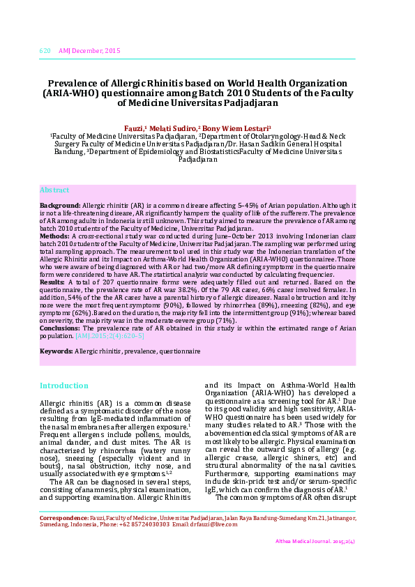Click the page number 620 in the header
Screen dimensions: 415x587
(x=45, y=51)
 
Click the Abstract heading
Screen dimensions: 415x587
(x=54, y=190)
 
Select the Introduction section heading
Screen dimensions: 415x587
(x=64, y=386)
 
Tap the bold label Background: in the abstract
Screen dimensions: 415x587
(x=60, y=206)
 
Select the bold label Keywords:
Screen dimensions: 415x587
(x=56, y=351)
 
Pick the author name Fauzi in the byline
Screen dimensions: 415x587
(x=153, y=128)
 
